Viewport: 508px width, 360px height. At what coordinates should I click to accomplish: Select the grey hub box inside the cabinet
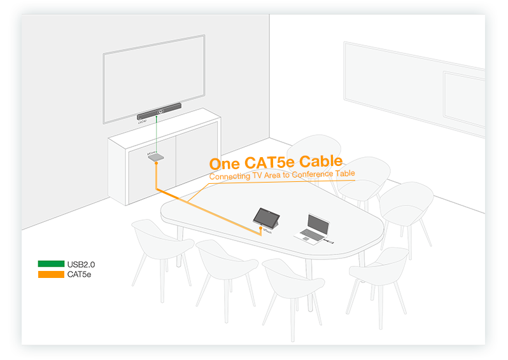tap(156, 157)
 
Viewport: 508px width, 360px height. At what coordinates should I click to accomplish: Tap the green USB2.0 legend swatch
tap(51, 264)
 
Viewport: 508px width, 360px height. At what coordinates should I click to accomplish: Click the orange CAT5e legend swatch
tap(51, 274)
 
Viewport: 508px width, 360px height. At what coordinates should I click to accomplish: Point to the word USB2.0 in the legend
tap(81, 264)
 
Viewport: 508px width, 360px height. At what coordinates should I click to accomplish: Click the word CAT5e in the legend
tap(79, 274)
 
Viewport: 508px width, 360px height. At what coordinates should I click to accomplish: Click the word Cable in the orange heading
tap(321, 162)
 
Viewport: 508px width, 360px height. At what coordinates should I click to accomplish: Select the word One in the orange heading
tap(223, 165)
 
